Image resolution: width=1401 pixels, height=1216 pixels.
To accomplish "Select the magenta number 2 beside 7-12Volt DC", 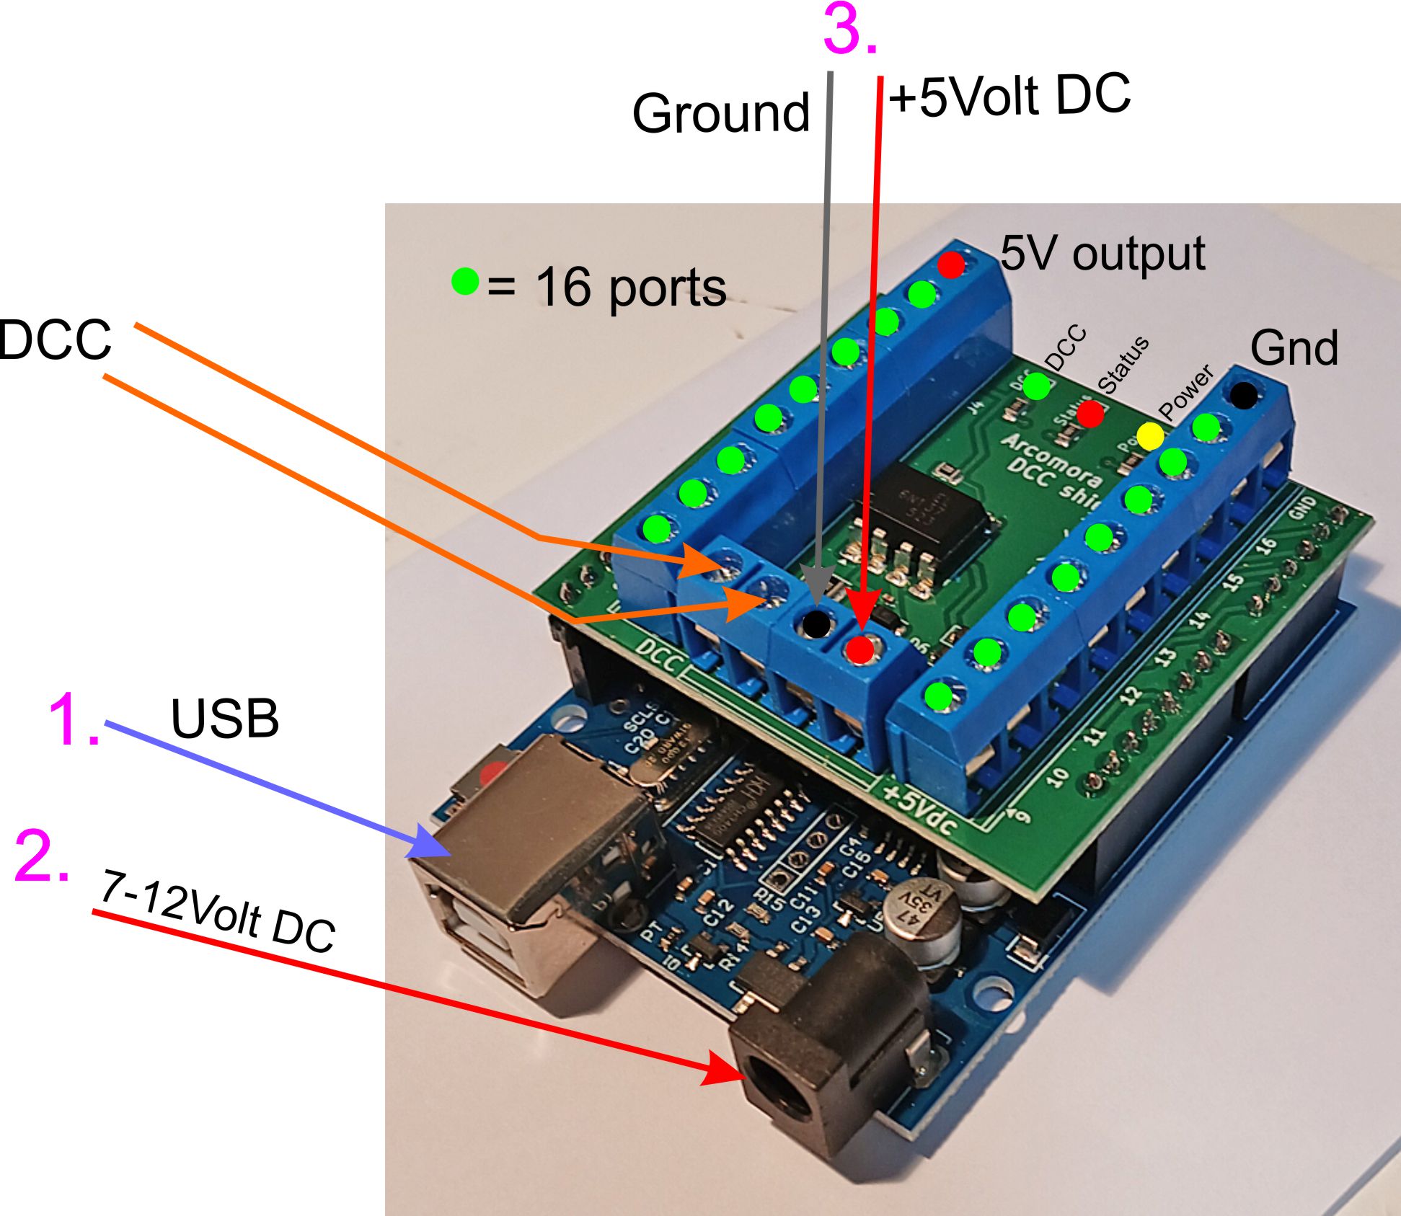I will [42, 856].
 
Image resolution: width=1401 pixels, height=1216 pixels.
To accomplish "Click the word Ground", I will [720, 113].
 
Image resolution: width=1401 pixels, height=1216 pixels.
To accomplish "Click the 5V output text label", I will [1102, 254].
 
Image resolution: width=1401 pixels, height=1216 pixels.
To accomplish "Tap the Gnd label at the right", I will [1294, 348].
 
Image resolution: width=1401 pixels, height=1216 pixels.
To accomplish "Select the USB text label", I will [224, 719].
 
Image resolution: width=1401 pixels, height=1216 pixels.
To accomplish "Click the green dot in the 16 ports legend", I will [465, 281].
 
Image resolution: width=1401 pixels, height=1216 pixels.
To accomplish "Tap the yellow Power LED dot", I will [1150, 436].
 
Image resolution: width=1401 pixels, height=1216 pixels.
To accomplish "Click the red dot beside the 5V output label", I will [951, 265].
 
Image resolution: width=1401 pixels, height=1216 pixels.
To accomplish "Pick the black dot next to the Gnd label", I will [1243, 395].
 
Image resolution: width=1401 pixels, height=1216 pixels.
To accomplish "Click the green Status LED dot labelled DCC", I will [1037, 386].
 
